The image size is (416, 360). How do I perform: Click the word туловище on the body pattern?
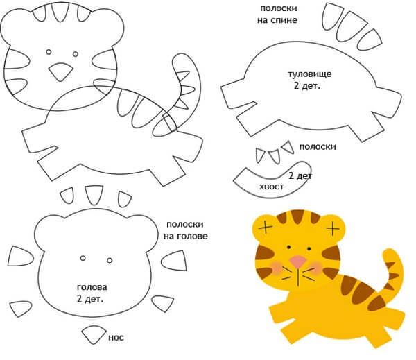[x=310, y=74]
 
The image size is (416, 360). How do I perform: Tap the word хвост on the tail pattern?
[x=271, y=187]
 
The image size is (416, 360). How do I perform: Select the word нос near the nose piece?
[x=116, y=338]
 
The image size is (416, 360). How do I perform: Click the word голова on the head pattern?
[x=92, y=287]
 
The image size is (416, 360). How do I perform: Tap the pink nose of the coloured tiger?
[x=297, y=261]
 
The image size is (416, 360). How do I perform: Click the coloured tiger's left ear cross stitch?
[x=266, y=228]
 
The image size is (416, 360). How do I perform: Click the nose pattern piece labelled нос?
[x=94, y=334]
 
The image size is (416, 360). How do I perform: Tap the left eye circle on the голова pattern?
[x=83, y=258]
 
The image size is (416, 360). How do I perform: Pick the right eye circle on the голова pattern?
[x=110, y=260]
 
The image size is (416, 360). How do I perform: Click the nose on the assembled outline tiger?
[x=61, y=71]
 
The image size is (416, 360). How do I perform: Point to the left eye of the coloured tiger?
[x=288, y=248]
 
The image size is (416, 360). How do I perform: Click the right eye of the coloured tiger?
[x=309, y=249]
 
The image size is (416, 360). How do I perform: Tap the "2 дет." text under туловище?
[x=307, y=86]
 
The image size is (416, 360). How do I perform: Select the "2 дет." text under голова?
[x=90, y=299]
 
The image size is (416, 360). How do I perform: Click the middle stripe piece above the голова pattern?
[x=94, y=195]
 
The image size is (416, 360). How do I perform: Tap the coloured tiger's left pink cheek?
[x=277, y=268]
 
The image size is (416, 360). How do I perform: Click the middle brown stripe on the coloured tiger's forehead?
[x=297, y=216]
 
